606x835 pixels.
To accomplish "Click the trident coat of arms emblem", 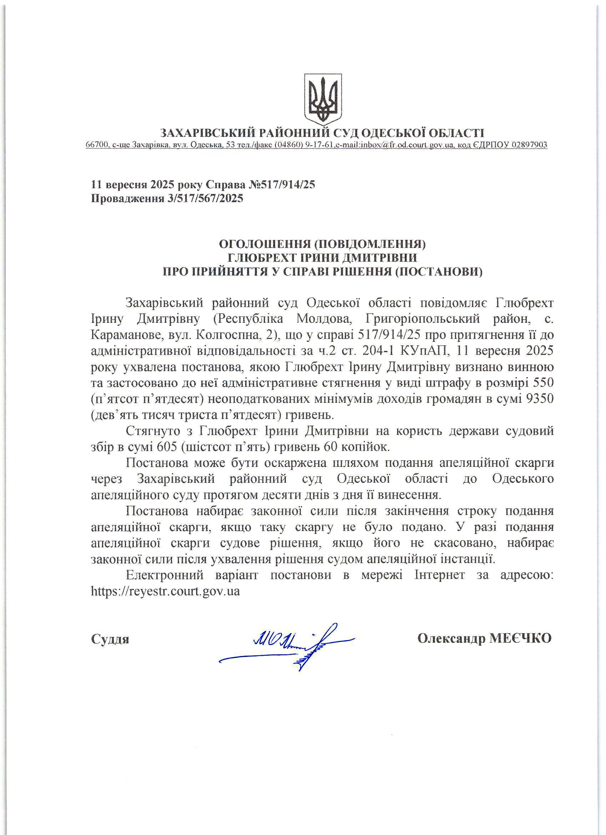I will pos(323,99).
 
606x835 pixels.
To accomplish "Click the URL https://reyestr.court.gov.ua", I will pos(165,591).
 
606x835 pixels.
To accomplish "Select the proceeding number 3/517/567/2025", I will pos(205,199).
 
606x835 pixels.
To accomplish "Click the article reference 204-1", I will pos(378,351).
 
